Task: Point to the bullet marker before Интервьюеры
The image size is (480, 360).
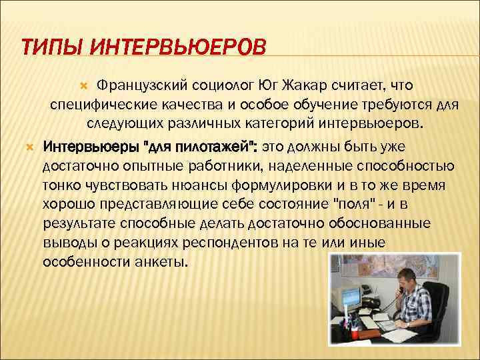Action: coord(29,146)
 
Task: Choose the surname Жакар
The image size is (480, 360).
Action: coord(310,85)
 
